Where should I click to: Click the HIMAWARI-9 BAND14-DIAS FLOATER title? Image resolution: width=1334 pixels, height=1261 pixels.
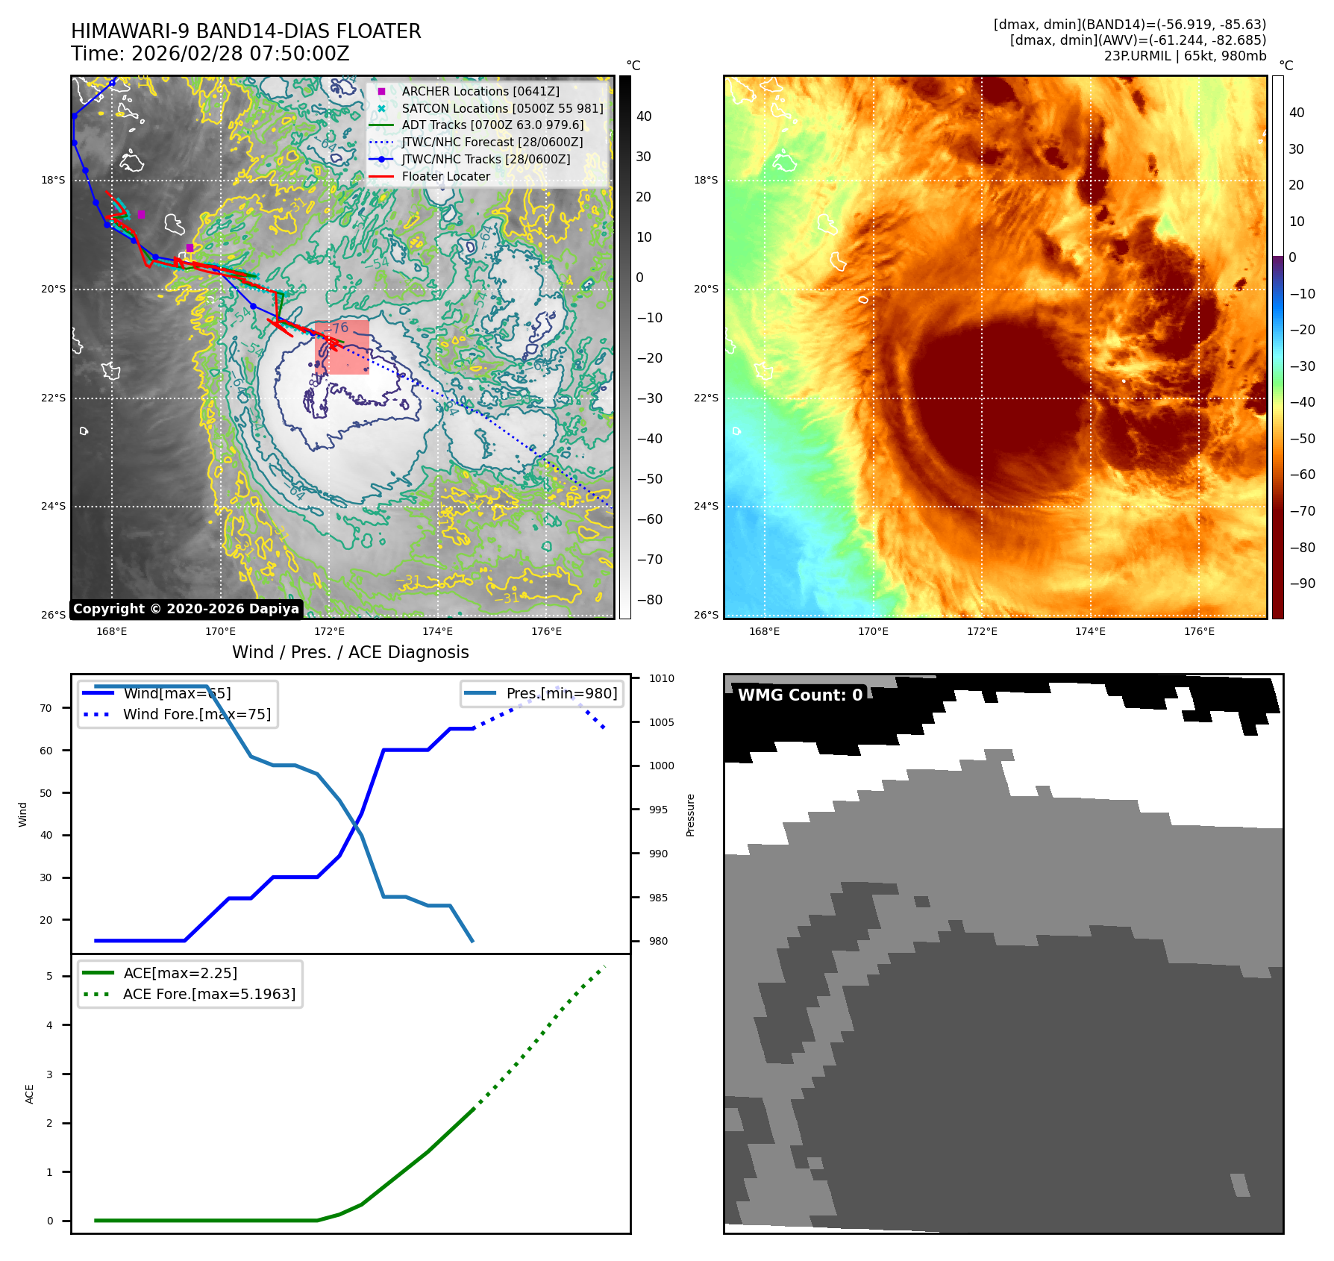click(245, 31)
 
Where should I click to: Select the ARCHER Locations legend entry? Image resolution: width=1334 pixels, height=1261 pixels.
click(480, 91)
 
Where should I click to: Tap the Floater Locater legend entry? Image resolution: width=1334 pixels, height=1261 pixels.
click(445, 177)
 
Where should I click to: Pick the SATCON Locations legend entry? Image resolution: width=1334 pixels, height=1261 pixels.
click(502, 108)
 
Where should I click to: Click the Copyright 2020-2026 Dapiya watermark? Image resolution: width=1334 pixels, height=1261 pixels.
click(186, 609)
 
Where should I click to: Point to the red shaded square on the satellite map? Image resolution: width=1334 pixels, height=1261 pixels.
click(342, 348)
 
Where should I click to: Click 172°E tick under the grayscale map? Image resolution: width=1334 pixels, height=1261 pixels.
click(329, 631)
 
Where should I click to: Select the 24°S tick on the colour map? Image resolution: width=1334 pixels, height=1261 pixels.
click(706, 506)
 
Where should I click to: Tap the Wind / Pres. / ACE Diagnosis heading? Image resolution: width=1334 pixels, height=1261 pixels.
click(350, 652)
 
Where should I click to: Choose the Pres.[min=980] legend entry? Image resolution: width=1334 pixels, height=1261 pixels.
click(561, 693)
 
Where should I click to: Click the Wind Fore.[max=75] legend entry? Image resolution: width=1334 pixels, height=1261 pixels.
click(196, 714)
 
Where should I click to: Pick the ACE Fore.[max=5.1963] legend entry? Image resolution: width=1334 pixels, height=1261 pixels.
click(209, 994)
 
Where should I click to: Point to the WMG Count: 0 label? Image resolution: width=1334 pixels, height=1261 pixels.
click(800, 695)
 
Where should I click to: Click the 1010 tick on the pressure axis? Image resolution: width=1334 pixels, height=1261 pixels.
click(661, 678)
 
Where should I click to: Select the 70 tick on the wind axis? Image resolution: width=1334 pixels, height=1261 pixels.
click(46, 708)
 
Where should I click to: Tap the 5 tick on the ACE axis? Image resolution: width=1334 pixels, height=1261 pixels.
click(50, 976)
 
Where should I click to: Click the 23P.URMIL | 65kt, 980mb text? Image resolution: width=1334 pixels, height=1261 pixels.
click(1185, 56)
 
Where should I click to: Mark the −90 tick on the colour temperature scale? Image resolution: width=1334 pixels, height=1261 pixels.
click(1302, 583)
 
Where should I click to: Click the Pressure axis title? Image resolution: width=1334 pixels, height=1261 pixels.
click(690, 815)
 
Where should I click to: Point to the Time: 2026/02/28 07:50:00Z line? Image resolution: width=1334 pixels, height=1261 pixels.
click(210, 54)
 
